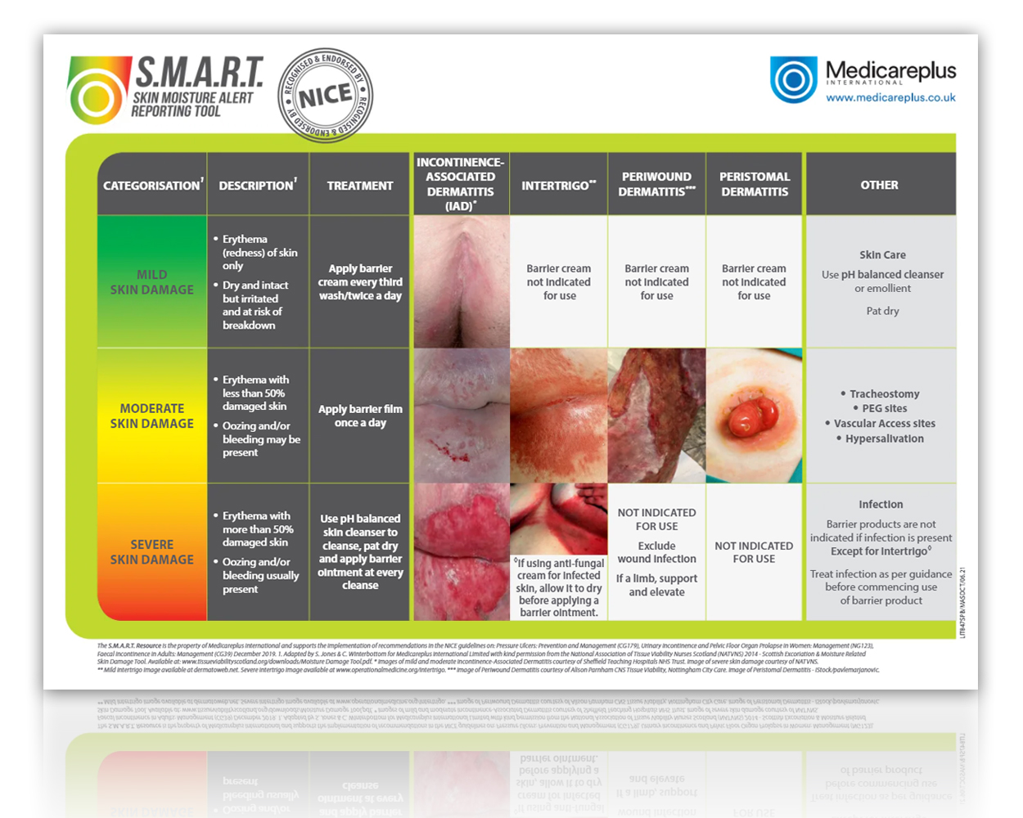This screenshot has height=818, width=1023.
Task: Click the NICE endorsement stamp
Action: pyautogui.click(x=326, y=97)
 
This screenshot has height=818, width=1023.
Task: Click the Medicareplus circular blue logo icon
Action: pyautogui.click(x=793, y=79)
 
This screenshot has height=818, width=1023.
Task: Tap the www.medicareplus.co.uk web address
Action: pyautogui.click(x=890, y=97)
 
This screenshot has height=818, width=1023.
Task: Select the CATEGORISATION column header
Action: pyautogui.click(x=152, y=185)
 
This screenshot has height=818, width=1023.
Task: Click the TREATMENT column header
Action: pyautogui.click(x=360, y=186)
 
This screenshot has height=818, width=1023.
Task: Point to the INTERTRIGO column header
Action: pyautogui.click(x=558, y=186)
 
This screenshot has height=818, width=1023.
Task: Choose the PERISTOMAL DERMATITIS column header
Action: pyautogui.click(x=755, y=184)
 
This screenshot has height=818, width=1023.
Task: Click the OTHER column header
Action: pyautogui.click(x=879, y=185)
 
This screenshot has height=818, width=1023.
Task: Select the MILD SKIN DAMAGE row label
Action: pyautogui.click(x=152, y=282)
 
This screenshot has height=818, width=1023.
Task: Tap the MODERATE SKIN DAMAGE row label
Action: pyautogui.click(x=152, y=416)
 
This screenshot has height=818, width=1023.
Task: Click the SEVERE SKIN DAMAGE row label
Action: pyautogui.click(x=152, y=552)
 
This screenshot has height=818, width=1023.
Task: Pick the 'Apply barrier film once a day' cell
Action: pyautogui.click(x=360, y=416)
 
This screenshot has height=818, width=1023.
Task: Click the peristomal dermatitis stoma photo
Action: pyautogui.click(x=754, y=416)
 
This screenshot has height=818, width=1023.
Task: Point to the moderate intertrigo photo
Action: pyautogui.click(x=558, y=416)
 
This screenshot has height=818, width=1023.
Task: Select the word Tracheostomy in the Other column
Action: pyautogui.click(x=884, y=394)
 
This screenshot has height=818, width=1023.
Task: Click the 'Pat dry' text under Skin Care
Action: pyautogui.click(x=882, y=311)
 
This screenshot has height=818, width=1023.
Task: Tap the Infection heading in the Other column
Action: pyautogui.click(x=881, y=505)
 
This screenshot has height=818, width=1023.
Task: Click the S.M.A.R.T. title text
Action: pyautogui.click(x=199, y=73)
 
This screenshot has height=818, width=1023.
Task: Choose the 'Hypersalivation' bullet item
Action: pyautogui.click(x=884, y=439)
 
